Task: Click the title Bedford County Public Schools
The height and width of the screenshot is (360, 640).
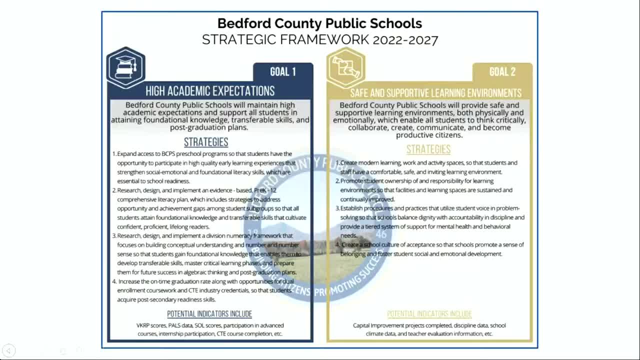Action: pyautogui.click(x=319, y=23)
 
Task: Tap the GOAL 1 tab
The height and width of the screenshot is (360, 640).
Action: pyautogui.click(x=282, y=72)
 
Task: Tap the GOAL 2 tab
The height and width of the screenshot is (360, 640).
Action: pyautogui.click(x=502, y=72)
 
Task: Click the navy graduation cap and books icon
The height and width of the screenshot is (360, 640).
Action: pyautogui.click(x=125, y=67)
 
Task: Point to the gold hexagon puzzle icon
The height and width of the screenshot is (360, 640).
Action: pyautogui.click(x=345, y=67)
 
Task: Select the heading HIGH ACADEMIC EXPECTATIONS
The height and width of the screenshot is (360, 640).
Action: pyautogui.click(x=210, y=91)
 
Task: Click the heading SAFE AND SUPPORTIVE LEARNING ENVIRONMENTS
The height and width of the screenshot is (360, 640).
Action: pyautogui.click(x=435, y=93)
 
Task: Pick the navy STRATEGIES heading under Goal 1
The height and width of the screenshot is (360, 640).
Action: pyautogui.click(x=206, y=142)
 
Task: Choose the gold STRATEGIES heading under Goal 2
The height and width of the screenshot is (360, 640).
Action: pyautogui.click(x=428, y=149)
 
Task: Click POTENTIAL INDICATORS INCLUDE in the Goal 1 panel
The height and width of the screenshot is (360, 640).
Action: pyautogui.click(x=209, y=314)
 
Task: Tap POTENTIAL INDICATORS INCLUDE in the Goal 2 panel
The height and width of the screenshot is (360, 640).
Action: pyautogui.click(x=429, y=314)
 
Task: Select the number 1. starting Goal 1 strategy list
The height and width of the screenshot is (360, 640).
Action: pyautogui.click(x=114, y=154)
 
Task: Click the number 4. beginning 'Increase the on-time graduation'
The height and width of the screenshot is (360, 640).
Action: pyautogui.click(x=114, y=281)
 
